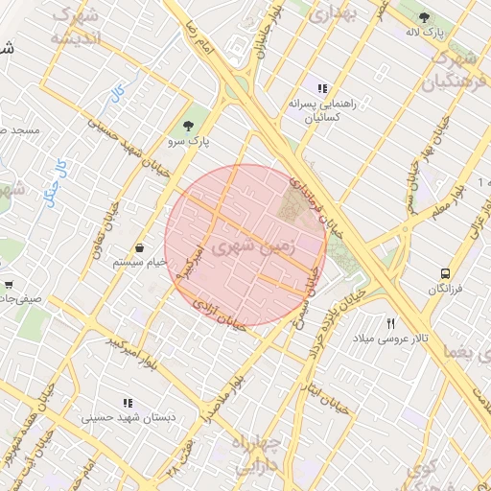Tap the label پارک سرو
(x=187, y=140)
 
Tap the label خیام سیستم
(x=140, y=262)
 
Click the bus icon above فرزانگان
(x=445, y=273)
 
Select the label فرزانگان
(x=445, y=288)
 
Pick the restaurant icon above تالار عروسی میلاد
(x=390, y=323)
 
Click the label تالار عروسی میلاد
(x=390, y=339)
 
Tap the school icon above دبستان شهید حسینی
(x=127, y=403)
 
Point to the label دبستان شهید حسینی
(x=126, y=418)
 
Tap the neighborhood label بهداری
(x=335, y=13)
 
